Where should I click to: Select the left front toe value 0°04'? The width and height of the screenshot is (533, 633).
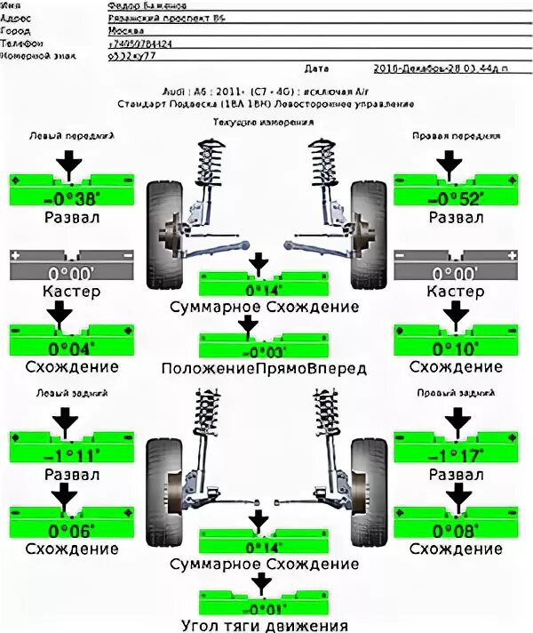point(70,349)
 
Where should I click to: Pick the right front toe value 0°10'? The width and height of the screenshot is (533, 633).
point(454,349)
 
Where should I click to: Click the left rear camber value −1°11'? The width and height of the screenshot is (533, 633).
point(70,456)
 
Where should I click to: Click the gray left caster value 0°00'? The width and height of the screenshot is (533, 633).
point(70,273)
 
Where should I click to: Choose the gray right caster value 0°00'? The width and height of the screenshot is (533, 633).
point(454,273)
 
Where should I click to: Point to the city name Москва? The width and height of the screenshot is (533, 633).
point(123,29)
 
